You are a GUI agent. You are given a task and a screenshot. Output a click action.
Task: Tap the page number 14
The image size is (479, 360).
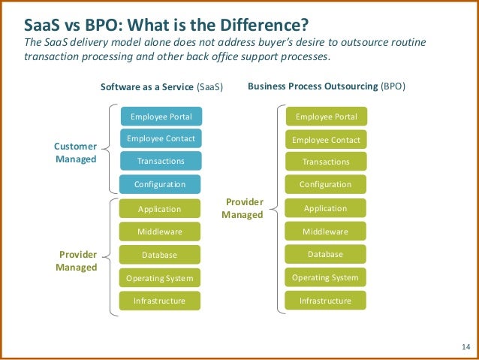click(x=465, y=346)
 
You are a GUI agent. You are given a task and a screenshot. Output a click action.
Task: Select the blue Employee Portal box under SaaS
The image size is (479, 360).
click(x=161, y=116)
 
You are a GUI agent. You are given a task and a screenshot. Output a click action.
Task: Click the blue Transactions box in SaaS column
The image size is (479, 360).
click(x=161, y=161)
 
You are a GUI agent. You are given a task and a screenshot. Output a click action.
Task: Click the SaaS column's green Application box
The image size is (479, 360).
click(x=160, y=209)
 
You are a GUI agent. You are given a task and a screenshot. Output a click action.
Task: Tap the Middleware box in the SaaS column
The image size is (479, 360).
click(x=160, y=231)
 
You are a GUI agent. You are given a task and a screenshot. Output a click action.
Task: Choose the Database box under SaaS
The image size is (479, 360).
click(x=160, y=255)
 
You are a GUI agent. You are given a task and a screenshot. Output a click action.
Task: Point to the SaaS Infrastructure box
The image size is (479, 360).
click(x=160, y=301)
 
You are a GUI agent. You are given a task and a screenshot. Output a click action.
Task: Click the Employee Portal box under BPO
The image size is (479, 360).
click(x=326, y=116)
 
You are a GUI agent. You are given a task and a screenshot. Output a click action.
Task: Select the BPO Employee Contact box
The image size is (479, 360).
click(x=326, y=140)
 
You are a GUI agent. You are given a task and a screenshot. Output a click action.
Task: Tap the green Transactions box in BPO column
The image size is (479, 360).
click(x=326, y=162)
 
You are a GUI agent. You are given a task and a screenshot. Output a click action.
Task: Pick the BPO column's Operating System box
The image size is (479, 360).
click(x=326, y=277)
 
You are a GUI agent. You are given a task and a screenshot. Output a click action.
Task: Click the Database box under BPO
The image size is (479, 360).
click(x=326, y=254)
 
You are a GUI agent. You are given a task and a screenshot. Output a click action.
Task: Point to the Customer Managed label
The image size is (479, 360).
click(x=76, y=153)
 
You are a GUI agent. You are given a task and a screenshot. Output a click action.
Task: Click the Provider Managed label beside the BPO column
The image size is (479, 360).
click(x=242, y=208)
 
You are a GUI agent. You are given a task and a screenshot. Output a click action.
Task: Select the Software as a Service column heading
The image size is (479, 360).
click(x=161, y=87)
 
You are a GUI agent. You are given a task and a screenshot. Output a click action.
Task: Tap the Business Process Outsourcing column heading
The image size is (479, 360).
click(x=326, y=86)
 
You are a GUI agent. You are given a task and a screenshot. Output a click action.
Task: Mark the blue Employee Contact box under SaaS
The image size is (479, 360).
click(x=161, y=138)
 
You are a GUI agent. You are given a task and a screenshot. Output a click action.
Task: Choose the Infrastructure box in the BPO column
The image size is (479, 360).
click(x=326, y=301)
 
